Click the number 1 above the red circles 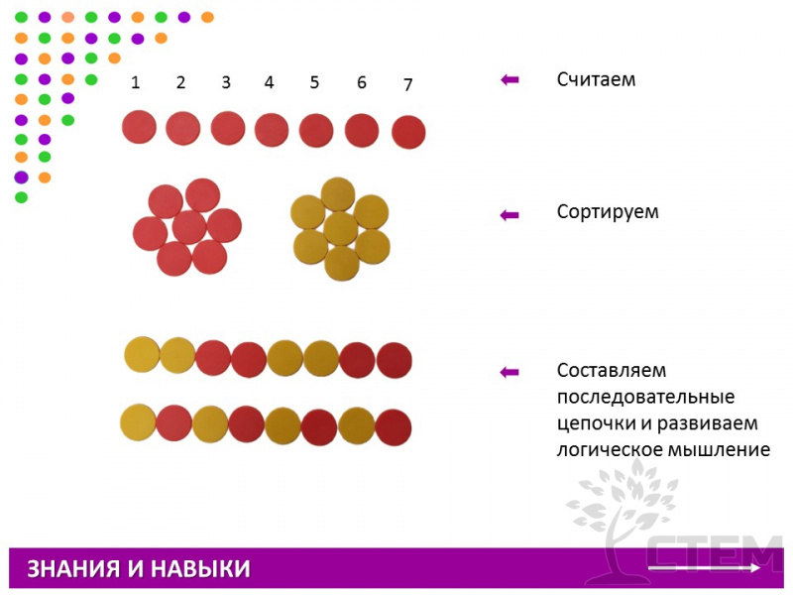coord(135,82)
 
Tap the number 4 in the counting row coord(269,82)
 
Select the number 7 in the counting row coord(408,84)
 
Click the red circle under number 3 coord(228,128)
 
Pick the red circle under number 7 coord(408,132)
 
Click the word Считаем coord(597,79)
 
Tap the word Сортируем coord(608,212)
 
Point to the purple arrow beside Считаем coord(510,79)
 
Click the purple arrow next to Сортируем coord(510,215)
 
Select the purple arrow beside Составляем coord(510,373)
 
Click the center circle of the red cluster coord(189,227)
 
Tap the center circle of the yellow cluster coord(341,229)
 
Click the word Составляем coord(612,370)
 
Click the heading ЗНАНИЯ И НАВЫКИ coord(139,568)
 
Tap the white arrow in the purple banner coord(704,568)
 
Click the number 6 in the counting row coord(362,82)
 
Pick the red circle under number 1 coord(139,127)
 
